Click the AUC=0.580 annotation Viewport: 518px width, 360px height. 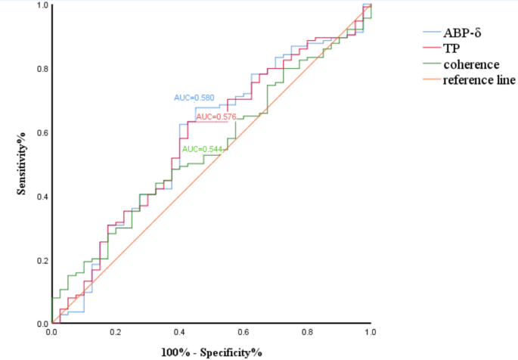pos(194,98)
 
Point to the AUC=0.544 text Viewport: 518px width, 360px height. pos(203,149)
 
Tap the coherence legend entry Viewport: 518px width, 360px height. pos(470,64)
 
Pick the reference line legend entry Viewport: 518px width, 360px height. pos(479,79)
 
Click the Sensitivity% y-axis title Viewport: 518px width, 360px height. pos(23,164)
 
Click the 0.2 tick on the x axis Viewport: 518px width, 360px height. pos(116,331)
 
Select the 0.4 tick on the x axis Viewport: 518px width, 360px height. pos(179,331)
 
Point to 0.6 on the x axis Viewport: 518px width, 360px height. pos(243,331)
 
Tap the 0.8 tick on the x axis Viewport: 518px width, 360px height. pos(306,331)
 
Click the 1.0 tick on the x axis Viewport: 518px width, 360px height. pos(370,331)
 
